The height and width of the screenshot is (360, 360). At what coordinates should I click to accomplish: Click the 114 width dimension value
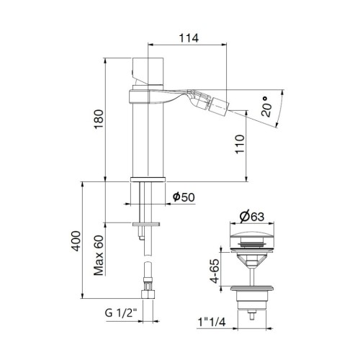point(189,37)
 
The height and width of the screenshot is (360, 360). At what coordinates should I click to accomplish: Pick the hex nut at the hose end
point(148,294)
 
